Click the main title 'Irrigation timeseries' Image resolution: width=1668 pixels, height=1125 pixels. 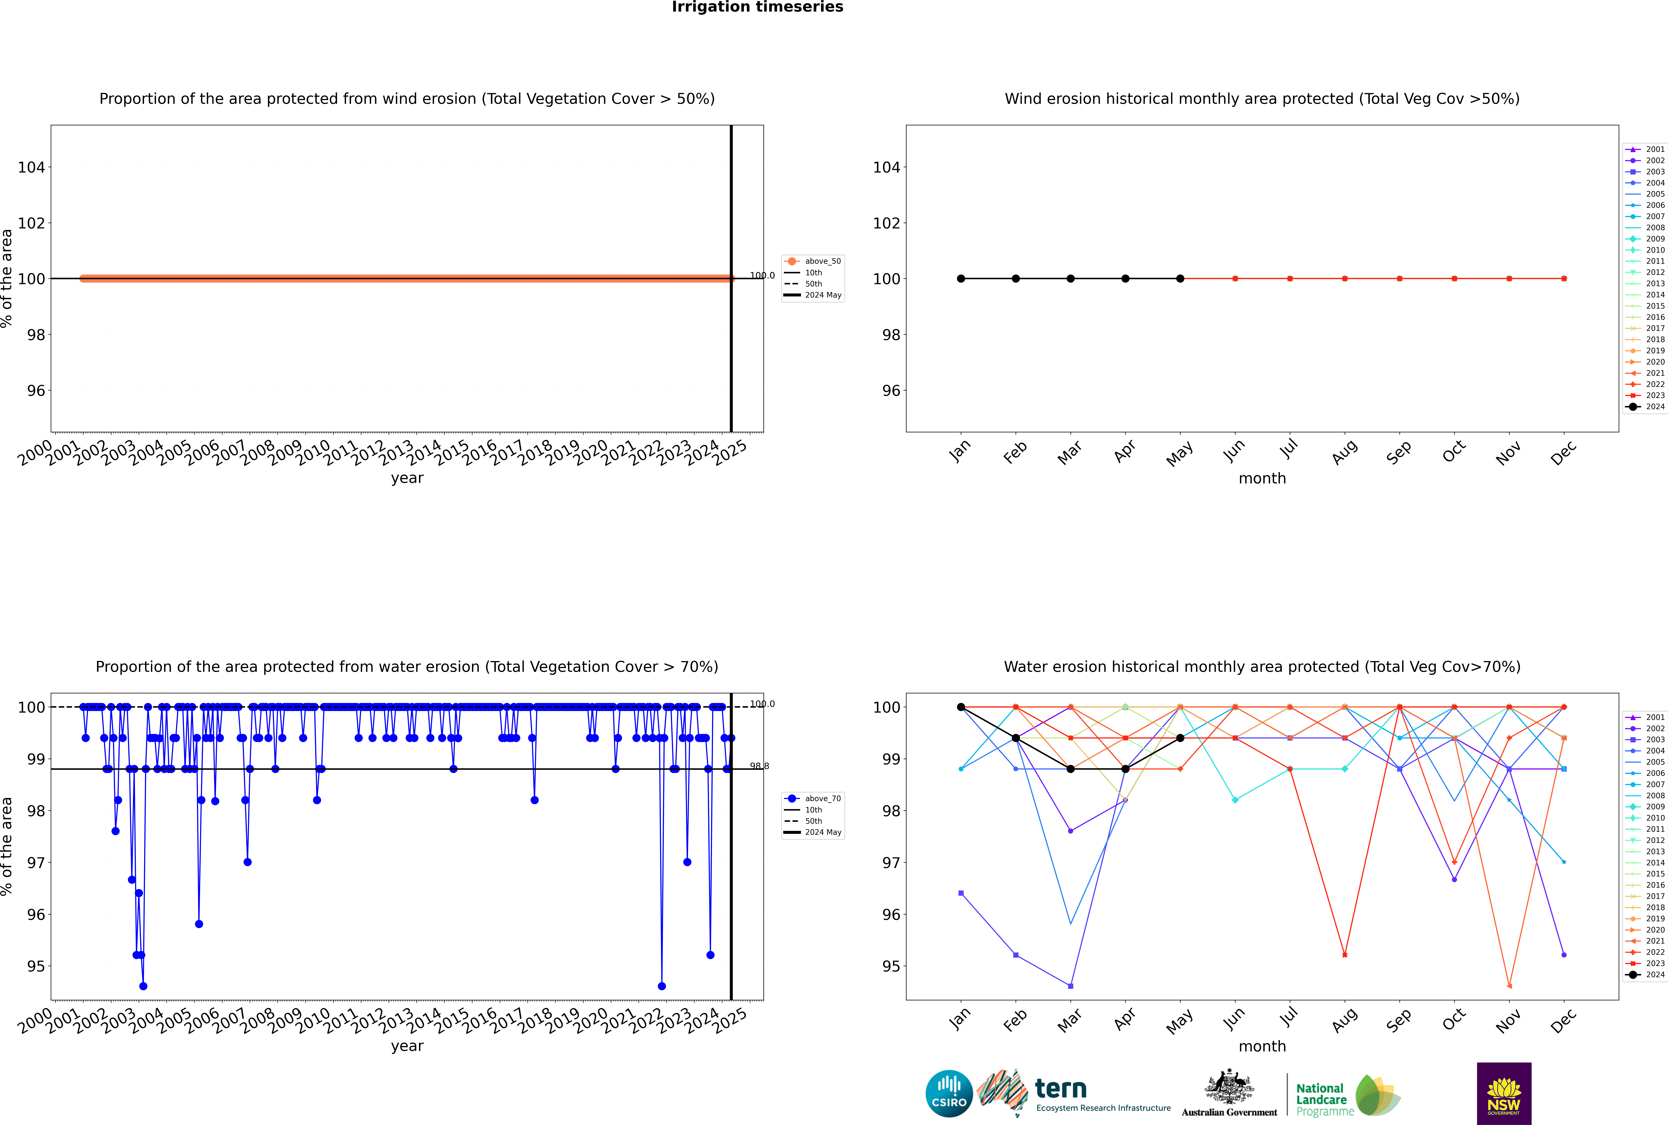click(757, 7)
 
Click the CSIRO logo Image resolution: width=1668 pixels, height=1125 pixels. click(949, 1093)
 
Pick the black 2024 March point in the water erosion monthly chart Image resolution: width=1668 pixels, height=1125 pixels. click(1071, 769)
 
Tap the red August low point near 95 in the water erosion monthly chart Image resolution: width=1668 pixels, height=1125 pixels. click(1345, 955)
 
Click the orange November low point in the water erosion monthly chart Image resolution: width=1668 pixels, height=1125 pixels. click(1509, 986)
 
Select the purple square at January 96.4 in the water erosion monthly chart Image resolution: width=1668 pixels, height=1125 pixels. click(961, 893)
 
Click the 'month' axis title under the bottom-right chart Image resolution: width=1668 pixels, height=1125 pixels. click(1262, 1046)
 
